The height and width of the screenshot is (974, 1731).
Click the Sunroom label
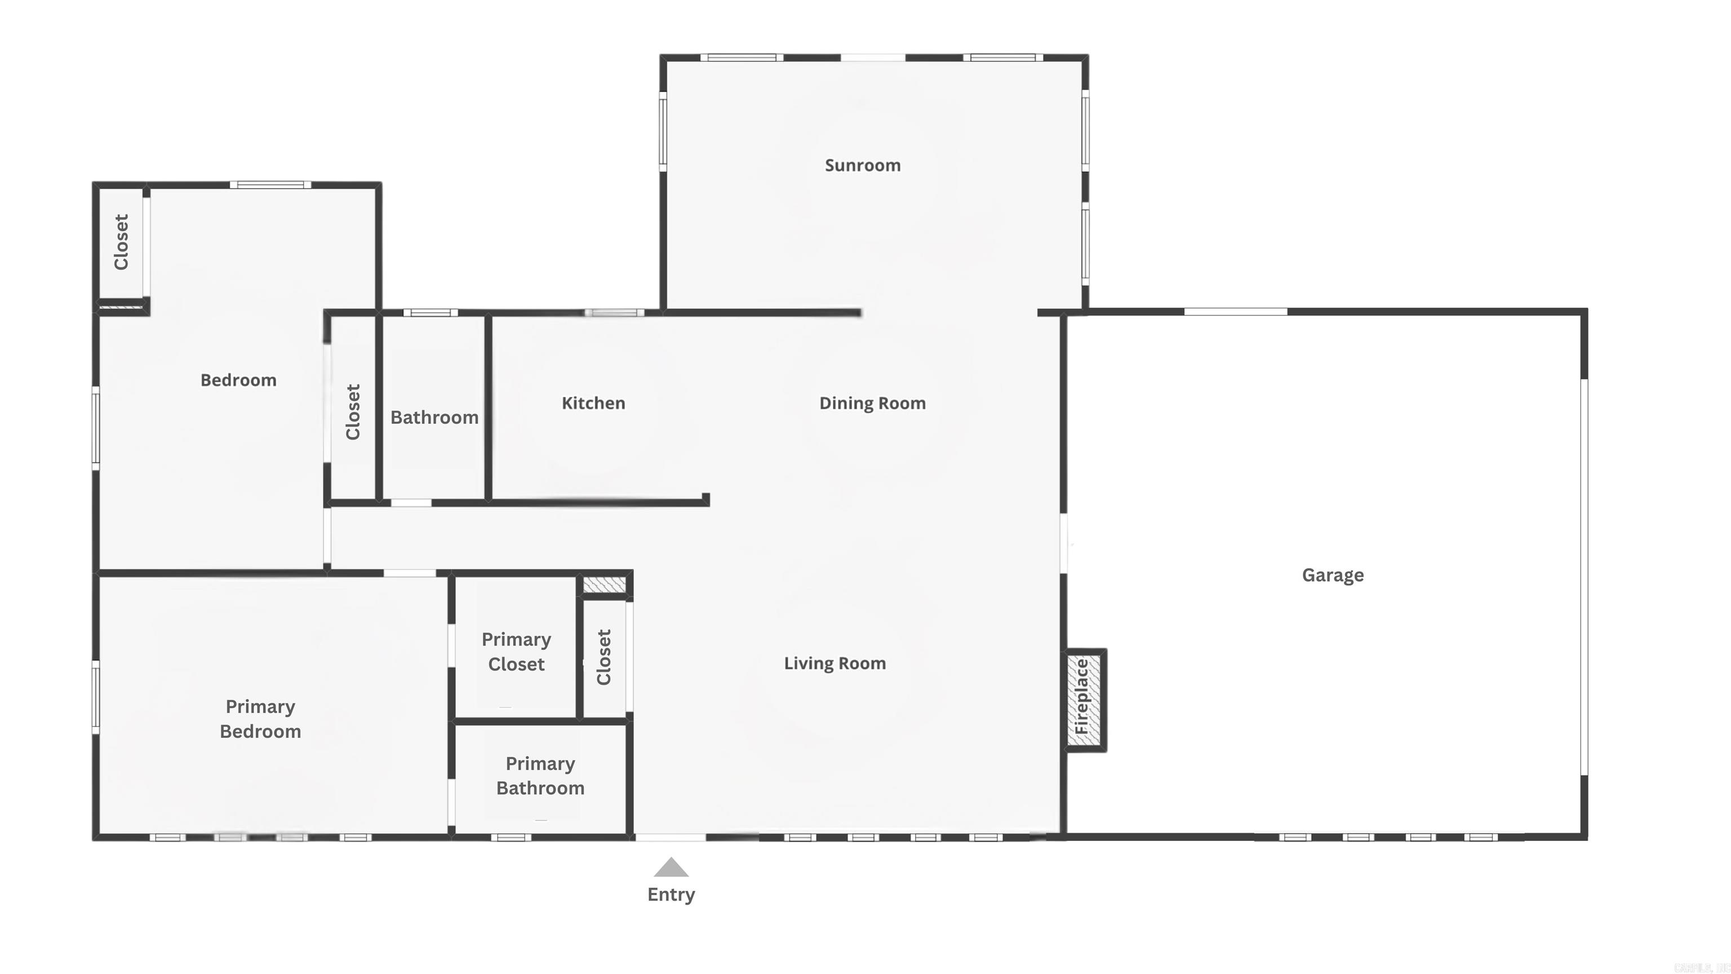(862, 165)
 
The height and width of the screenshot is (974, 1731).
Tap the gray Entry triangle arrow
(671, 868)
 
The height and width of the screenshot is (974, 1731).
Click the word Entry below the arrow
(671, 895)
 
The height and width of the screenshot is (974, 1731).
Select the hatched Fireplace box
(1084, 699)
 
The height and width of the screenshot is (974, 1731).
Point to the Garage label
(1333, 575)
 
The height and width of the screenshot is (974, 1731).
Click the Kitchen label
(593, 404)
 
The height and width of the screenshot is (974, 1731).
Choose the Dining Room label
(872, 404)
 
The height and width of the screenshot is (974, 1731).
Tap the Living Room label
(835, 663)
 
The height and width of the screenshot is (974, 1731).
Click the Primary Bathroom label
(540, 776)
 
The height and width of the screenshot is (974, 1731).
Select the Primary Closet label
(516, 652)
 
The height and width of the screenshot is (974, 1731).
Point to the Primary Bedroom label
(260, 719)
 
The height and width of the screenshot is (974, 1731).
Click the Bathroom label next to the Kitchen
(434, 418)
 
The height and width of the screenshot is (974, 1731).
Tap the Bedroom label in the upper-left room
(238, 380)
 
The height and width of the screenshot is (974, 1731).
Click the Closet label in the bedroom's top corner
(122, 242)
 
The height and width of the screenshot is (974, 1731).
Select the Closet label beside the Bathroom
(353, 412)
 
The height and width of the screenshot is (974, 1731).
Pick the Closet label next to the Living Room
(604, 657)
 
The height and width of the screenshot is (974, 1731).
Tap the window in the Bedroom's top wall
(270, 185)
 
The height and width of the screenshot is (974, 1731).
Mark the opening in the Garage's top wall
(1235, 312)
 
